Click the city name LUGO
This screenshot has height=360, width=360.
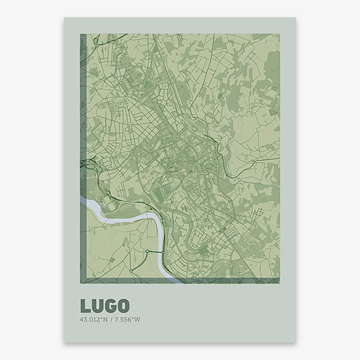point(104,305)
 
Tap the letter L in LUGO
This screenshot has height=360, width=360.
point(85,305)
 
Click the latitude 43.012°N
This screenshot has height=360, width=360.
point(93,319)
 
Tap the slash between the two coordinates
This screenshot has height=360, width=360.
point(110,319)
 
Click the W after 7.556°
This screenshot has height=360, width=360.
point(137,319)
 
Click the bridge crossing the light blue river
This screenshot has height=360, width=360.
point(154,251)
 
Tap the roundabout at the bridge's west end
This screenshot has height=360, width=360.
point(146,251)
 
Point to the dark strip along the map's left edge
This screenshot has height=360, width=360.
point(83,156)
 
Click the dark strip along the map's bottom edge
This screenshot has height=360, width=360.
point(180,280)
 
